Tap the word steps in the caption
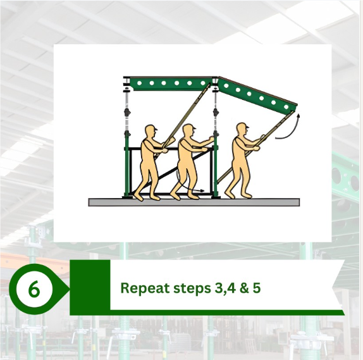(183, 289)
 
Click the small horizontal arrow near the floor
(197, 190)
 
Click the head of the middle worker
(187, 130)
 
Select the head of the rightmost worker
(241, 130)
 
